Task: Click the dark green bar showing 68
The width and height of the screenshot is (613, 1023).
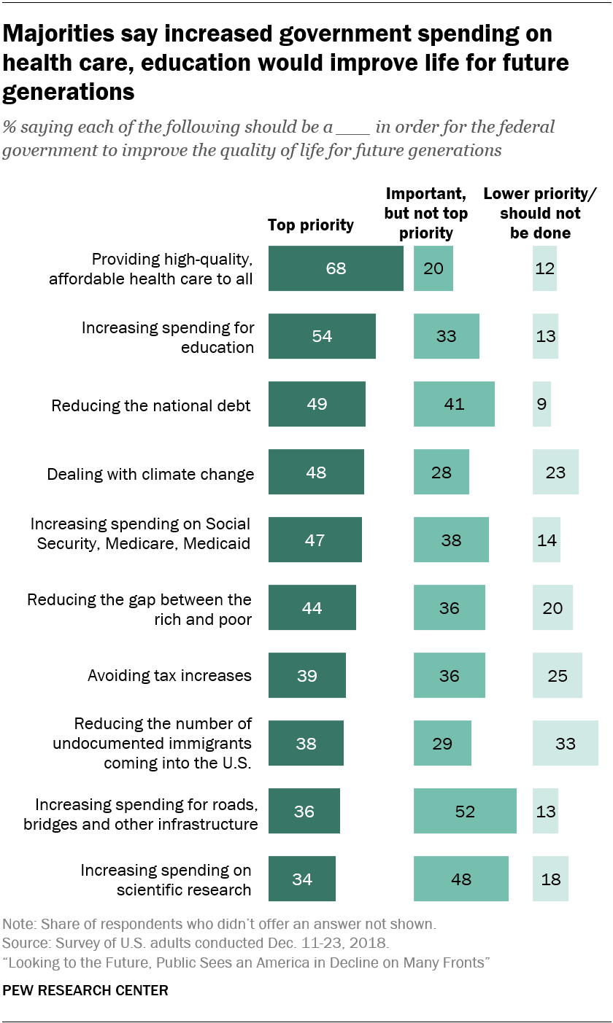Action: click(x=336, y=268)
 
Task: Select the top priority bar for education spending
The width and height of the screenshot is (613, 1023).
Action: click(x=322, y=336)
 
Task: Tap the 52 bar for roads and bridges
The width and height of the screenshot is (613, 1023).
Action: click(x=465, y=811)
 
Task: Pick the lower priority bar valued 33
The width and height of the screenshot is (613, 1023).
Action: click(x=565, y=743)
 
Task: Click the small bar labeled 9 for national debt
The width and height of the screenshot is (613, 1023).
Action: click(x=541, y=404)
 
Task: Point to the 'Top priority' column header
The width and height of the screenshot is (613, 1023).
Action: click(x=311, y=225)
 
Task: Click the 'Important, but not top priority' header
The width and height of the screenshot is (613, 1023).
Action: click(x=425, y=214)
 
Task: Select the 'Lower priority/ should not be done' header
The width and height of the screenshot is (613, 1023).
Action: click(x=540, y=214)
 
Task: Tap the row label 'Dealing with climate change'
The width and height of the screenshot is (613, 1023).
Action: click(x=151, y=474)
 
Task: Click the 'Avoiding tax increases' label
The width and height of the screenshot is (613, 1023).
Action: click(x=169, y=675)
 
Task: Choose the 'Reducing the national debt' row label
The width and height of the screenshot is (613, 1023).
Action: click(x=151, y=405)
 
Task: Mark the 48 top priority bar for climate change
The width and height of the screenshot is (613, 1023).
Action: click(x=316, y=472)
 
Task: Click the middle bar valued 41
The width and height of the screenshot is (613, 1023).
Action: click(x=454, y=404)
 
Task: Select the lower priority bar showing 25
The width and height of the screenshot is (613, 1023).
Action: click(x=558, y=675)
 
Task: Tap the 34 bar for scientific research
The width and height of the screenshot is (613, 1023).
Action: click(x=302, y=879)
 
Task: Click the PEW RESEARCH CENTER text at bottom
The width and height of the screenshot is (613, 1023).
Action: click(x=85, y=990)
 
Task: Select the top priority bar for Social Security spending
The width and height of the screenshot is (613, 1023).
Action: click(x=315, y=540)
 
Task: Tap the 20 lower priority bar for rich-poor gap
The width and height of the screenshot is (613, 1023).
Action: click(x=552, y=607)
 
